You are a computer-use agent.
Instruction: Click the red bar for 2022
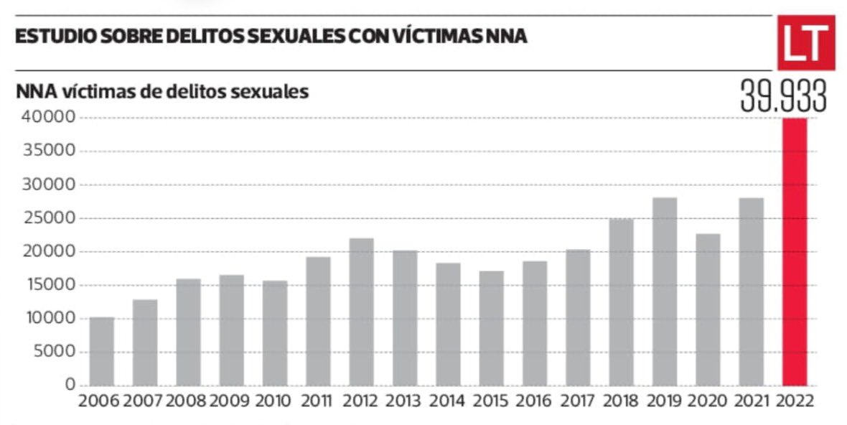click(794, 251)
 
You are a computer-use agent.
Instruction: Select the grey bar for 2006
click(102, 351)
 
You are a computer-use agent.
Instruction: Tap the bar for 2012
click(361, 312)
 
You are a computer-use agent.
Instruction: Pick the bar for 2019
click(664, 291)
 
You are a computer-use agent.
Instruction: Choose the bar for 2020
click(708, 309)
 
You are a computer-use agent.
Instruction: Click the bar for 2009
click(231, 330)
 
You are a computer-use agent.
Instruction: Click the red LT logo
click(805, 43)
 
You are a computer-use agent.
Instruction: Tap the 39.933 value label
click(783, 97)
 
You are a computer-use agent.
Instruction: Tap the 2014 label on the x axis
click(446, 401)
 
